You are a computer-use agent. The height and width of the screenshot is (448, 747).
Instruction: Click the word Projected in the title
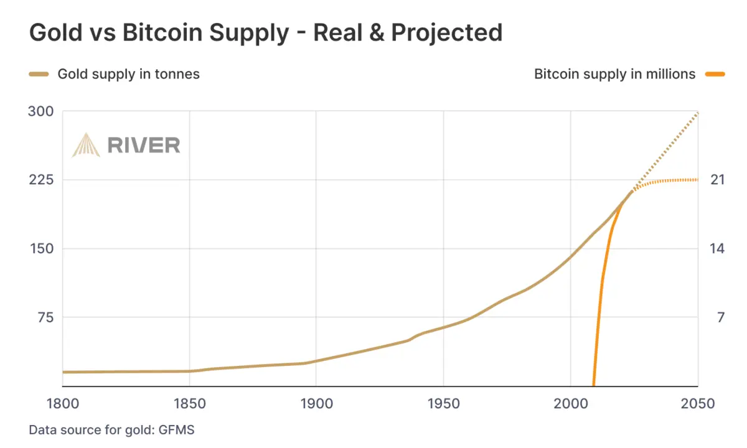[x=446, y=32]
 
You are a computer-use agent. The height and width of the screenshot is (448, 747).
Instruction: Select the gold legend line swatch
[x=39, y=74]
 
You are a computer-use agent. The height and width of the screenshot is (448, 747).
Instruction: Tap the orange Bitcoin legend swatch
[x=715, y=74]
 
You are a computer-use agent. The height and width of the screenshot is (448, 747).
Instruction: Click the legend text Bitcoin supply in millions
[x=614, y=74]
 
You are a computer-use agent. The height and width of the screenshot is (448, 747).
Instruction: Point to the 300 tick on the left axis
[x=41, y=111]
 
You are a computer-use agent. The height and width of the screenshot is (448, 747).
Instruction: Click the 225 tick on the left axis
[x=41, y=180]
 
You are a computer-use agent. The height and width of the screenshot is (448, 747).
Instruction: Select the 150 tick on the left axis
[x=41, y=249]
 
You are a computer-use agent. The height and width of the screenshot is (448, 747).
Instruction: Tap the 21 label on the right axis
[x=718, y=180]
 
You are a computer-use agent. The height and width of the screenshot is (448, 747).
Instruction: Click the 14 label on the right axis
[x=718, y=249]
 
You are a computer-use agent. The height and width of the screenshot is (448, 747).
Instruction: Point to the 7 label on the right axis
[x=720, y=317]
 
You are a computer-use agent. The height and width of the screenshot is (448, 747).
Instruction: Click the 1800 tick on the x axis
[x=63, y=404]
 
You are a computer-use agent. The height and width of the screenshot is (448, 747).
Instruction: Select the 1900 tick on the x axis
[x=316, y=404]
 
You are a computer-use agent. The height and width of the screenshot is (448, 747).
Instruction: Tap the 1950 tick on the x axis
[x=443, y=404]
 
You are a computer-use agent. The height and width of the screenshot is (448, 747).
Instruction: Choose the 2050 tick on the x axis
[x=698, y=404]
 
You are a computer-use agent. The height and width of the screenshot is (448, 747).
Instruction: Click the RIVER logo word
[x=144, y=145]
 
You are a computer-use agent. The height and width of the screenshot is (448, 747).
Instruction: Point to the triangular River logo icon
[x=86, y=145]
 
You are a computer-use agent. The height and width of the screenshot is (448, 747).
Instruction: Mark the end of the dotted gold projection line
[x=698, y=113]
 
